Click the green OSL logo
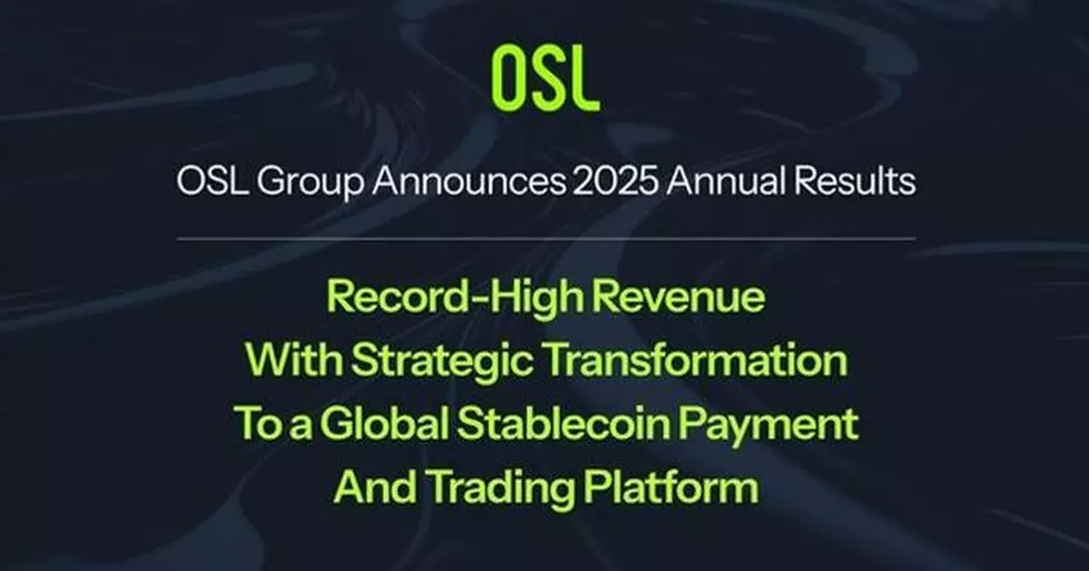click(x=544, y=78)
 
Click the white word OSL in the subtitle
click(x=210, y=184)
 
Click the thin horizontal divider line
click(x=544, y=239)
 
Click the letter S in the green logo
click(x=543, y=78)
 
